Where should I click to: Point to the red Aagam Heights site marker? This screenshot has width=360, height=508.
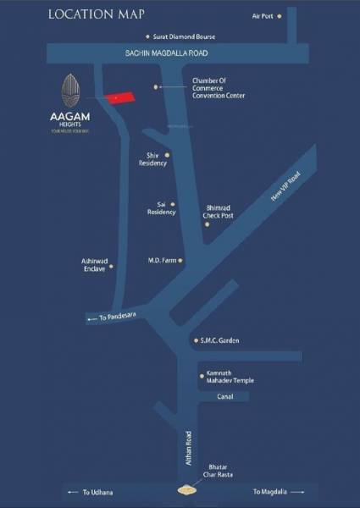click(119, 98)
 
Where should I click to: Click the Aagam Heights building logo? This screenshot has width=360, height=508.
click(72, 89)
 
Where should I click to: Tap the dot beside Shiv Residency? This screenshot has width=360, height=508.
click(167, 155)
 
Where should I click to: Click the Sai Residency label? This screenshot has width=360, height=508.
click(161, 207)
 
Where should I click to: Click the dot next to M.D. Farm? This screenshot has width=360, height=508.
click(180, 260)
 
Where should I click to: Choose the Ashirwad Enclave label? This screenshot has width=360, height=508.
click(93, 264)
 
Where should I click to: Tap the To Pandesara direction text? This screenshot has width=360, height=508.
click(117, 316)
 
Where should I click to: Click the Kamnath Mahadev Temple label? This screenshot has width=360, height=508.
click(229, 378)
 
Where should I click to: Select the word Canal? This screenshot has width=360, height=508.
click(224, 396)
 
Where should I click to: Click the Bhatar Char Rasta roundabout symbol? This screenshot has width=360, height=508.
click(185, 490)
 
